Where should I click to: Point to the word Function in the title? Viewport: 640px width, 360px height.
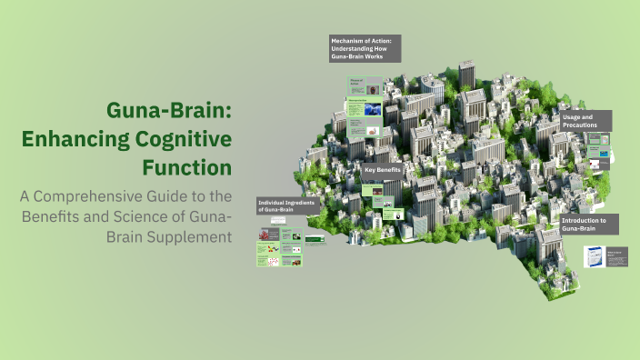click(x=187, y=167)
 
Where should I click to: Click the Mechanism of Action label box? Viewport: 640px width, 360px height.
click(x=365, y=48)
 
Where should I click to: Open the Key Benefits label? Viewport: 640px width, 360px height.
click(x=381, y=170)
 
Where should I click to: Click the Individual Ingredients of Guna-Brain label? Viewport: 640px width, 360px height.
click(x=287, y=205)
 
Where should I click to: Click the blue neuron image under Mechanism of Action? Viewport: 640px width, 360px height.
click(x=372, y=108)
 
